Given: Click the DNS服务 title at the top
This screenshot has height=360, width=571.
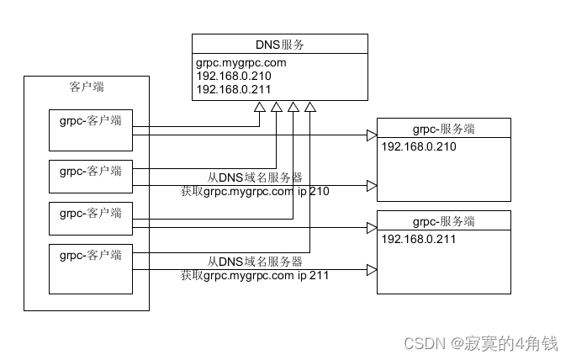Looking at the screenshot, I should click(279, 44).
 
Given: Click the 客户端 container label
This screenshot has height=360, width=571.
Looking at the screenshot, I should click(87, 87).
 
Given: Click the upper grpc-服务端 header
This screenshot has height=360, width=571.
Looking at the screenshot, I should click(443, 129).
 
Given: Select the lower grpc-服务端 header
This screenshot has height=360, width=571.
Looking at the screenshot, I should click(443, 221).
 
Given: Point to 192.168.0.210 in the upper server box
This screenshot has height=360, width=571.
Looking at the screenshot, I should click(419, 147).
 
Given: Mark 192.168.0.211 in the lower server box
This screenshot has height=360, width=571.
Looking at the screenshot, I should click(419, 240).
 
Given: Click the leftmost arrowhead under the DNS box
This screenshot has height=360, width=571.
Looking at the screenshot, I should click(260, 106).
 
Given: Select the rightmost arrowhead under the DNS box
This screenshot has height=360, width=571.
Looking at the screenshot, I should click(310, 106).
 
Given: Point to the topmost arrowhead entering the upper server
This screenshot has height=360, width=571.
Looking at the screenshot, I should click(371, 135).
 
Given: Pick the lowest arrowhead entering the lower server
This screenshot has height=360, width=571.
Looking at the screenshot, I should click(371, 270).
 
